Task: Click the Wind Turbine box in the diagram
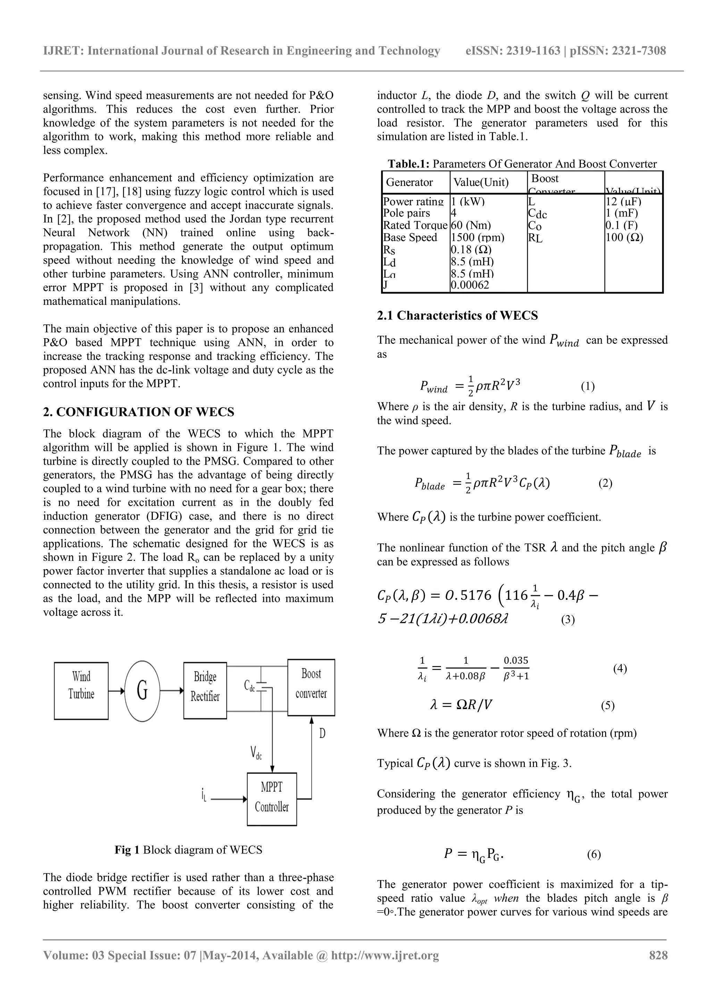(81, 690)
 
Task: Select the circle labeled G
(142, 690)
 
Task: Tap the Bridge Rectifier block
(205, 690)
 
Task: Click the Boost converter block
(311, 687)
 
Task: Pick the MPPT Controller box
(271, 799)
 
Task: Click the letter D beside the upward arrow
(323, 734)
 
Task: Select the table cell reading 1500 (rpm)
(477, 238)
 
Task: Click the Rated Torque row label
(415, 225)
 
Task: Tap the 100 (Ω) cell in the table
(624, 238)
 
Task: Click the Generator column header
(409, 182)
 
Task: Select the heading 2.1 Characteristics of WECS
(457, 316)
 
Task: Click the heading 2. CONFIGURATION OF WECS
(139, 412)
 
